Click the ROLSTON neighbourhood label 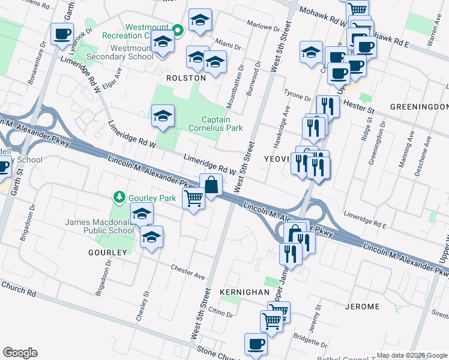(x=186, y=78)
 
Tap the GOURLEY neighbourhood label (x=107, y=253)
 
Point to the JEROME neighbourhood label (x=363, y=307)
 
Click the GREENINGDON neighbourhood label (x=419, y=106)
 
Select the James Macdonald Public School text (x=100, y=226)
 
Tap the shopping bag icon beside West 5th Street (x=211, y=185)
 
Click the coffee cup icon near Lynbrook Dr (x=62, y=34)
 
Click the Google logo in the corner (x=20, y=353)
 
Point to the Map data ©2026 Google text (x=412, y=355)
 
